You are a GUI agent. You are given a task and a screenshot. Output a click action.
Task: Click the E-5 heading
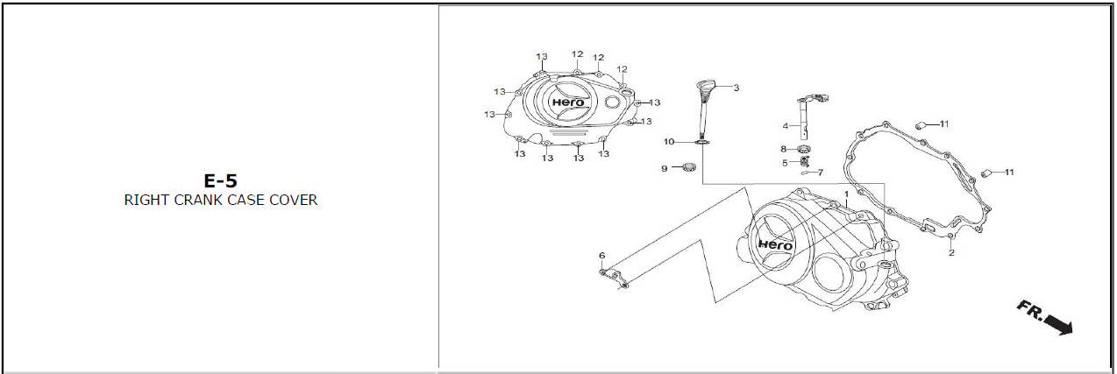tap(220, 181)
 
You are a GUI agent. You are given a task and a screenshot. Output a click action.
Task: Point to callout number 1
tap(847, 194)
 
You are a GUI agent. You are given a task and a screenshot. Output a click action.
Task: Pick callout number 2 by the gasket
tap(950, 253)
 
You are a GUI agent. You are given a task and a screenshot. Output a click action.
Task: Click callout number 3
tap(736, 88)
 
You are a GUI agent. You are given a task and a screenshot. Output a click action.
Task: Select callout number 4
tap(786, 126)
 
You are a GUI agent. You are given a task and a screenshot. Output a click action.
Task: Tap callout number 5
tap(785, 162)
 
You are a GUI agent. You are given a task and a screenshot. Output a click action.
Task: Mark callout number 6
tap(601, 256)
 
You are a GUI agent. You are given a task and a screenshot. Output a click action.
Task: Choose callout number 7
tap(820, 173)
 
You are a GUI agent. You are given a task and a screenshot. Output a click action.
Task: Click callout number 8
tap(784, 149)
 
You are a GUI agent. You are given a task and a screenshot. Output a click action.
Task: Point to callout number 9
tap(665, 167)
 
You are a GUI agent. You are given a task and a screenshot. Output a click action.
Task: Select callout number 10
tap(669, 142)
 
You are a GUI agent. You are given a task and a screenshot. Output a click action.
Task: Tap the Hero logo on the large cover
tap(775, 244)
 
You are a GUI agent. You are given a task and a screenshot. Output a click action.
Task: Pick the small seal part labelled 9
tap(689, 167)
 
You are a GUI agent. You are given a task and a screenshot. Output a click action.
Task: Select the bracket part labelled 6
tap(615, 279)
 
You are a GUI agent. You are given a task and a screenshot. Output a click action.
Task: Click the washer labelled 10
tap(702, 142)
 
